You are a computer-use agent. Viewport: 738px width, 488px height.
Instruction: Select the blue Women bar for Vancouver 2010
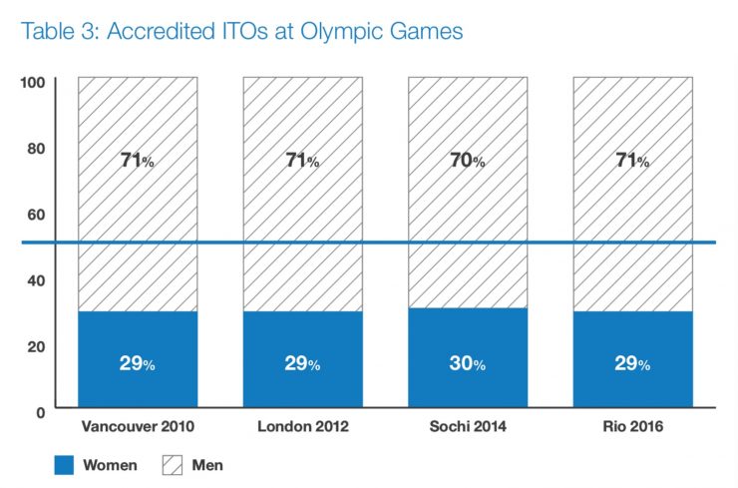coord(138,359)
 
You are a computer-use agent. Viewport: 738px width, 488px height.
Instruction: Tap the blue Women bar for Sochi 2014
coord(468,357)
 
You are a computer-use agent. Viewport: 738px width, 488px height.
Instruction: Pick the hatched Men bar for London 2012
coord(303,194)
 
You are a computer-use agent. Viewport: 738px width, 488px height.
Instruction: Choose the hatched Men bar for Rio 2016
coord(633,194)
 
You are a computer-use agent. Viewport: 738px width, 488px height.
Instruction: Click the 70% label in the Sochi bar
coord(468,161)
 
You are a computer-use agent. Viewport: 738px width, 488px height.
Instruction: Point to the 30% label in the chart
coord(468,363)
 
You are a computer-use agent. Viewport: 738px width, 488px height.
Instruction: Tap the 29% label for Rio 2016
coord(632,363)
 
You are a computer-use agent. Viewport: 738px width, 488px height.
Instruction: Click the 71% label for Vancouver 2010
coord(138,161)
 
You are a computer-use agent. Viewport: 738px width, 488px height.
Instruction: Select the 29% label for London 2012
coord(302,363)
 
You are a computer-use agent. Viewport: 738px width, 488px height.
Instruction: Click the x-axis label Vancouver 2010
coord(138,426)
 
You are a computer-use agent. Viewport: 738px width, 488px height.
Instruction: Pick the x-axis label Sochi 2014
coord(468,426)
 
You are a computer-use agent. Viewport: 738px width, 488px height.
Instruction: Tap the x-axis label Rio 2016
coord(633,426)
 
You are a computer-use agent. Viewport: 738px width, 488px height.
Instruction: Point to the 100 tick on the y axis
coord(33,83)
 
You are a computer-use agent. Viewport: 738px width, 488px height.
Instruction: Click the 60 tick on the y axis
coord(36,215)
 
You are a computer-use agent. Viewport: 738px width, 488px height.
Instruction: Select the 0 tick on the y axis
coord(41,413)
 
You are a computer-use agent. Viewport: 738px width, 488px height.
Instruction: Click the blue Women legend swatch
coord(64,465)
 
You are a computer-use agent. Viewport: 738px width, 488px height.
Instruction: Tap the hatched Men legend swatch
coord(173,465)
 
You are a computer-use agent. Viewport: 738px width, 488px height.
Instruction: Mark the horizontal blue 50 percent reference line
coord(369,243)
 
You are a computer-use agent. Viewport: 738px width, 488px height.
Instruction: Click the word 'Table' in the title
coord(48,31)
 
